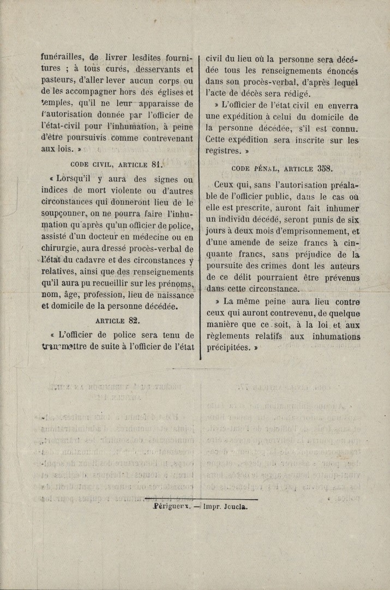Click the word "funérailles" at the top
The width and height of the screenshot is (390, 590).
(61, 56)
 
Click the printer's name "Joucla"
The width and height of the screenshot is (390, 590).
(234, 506)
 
